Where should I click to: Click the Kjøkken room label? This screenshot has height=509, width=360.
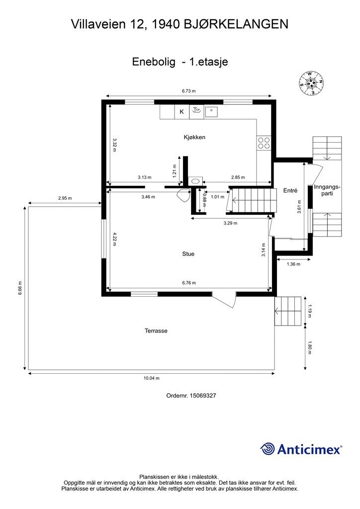194,137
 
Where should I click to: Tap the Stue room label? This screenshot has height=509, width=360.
188,254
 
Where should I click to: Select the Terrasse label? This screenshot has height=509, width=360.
156,331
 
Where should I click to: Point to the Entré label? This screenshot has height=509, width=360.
290,190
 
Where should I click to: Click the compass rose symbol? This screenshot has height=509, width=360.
312,83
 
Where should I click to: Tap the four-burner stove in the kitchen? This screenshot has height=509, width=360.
264,143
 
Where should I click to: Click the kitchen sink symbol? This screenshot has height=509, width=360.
211,112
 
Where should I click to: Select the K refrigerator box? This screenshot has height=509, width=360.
182,112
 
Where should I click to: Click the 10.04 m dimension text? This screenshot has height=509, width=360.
152,378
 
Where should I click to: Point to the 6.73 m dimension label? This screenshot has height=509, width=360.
189,91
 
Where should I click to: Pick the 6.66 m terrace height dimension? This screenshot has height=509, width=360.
20,288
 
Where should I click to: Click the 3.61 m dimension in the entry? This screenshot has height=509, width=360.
299,206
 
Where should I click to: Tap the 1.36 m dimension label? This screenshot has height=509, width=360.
293,264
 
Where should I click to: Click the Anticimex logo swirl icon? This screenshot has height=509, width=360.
268,449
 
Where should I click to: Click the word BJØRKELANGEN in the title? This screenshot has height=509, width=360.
236,24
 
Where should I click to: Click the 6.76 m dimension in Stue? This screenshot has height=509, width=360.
189,283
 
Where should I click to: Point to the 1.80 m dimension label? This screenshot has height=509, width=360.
309,347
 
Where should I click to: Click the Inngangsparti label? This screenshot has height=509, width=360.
327,190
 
